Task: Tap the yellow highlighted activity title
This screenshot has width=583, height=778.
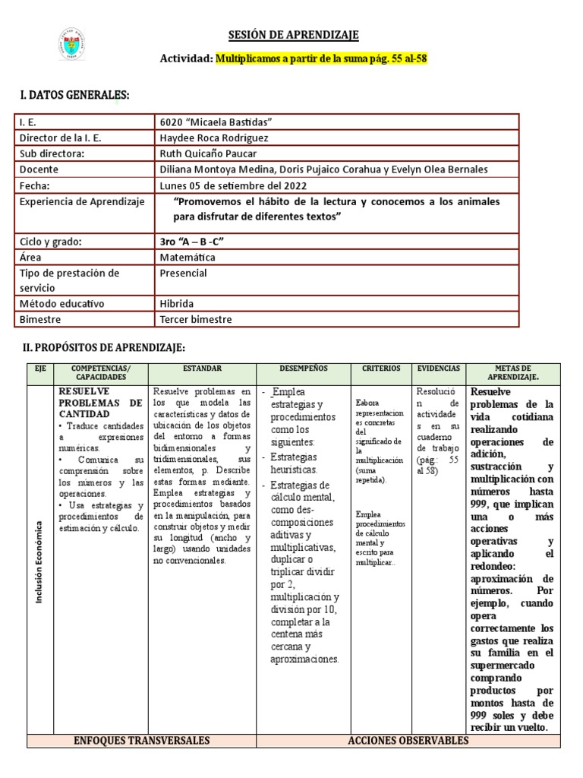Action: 323,59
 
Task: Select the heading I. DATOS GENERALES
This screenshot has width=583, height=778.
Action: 74,94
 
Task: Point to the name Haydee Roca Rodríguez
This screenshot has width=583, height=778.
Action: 214,138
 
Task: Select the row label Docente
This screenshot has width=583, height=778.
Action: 39,169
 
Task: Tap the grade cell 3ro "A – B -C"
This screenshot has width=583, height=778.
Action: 193,242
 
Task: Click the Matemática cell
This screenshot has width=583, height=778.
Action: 188,257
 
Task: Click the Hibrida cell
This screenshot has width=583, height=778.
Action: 177,303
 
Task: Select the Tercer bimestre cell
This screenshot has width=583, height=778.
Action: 197,319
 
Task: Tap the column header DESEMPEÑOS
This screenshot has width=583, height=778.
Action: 303,368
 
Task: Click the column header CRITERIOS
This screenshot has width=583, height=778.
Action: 381,368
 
